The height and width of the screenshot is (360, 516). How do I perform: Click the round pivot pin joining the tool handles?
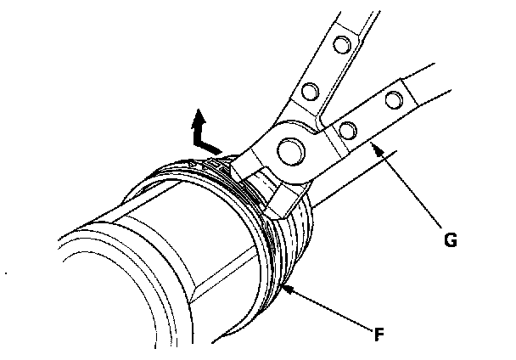pos(289,149)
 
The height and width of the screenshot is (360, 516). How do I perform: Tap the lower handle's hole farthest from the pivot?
pos(393,100)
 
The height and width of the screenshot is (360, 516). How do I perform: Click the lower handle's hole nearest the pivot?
pos(345,129)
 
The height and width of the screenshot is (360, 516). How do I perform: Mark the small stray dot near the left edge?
pos(7,273)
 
